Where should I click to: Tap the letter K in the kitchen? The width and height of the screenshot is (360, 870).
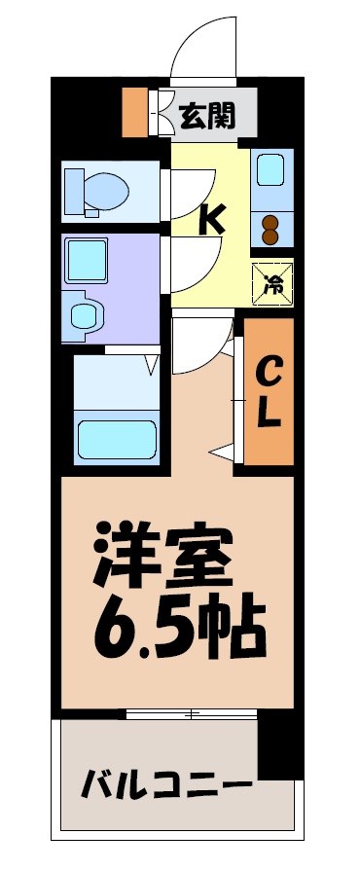[x=212, y=219]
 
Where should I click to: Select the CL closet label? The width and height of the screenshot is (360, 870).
[x=270, y=391]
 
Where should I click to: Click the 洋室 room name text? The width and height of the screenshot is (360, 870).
[x=162, y=556]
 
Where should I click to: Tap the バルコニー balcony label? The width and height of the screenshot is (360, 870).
[x=166, y=781]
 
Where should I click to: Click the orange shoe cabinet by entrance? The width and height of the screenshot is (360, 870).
[x=134, y=112]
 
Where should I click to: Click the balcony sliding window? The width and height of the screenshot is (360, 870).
[x=192, y=715]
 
